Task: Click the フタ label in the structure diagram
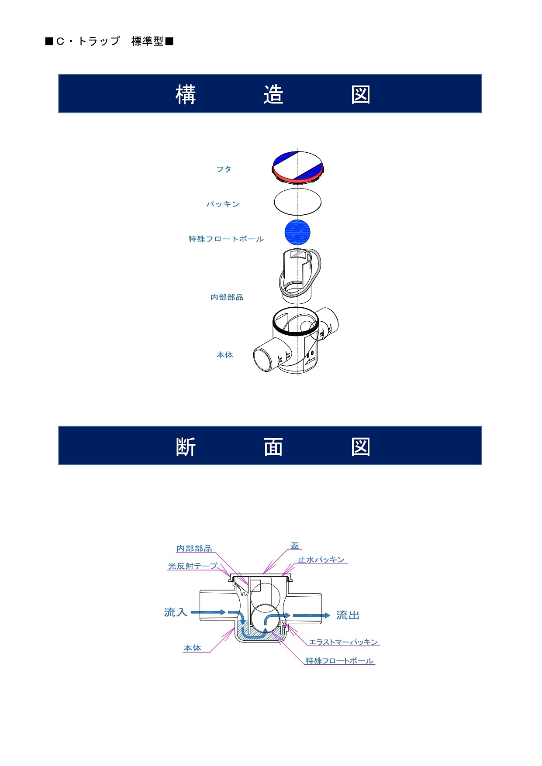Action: [x=224, y=169]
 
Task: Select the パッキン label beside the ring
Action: [x=223, y=204]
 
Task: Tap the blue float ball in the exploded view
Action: [x=297, y=232]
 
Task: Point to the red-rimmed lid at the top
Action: [x=298, y=167]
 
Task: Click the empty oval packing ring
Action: [x=298, y=202]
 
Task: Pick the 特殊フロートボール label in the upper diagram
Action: [x=226, y=239]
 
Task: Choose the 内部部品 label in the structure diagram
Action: [x=227, y=297]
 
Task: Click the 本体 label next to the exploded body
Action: [x=224, y=355]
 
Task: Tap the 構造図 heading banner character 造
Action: [x=273, y=94]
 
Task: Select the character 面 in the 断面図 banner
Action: [x=273, y=447]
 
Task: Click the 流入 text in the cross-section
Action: [x=176, y=612]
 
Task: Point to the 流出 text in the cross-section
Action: [x=348, y=615]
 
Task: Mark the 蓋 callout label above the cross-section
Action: [x=295, y=546]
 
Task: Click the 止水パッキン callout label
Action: [x=321, y=560]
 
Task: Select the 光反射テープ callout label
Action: [x=193, y=566]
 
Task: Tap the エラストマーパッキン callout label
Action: [x=343, y=642]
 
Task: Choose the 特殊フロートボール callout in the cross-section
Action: [x=339, y=661]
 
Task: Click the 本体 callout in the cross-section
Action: [x=192, y=648]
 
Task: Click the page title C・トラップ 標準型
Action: [x=109, y=41]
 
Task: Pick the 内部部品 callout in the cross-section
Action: [x=194, y=549]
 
